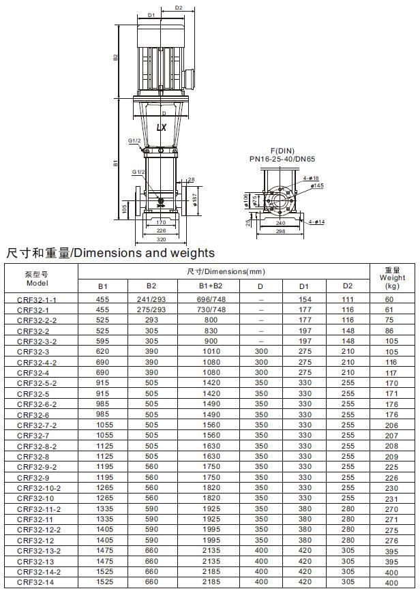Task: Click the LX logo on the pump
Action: [x=162, y=127]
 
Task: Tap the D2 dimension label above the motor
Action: [x=179, y=7]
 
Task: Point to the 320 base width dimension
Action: [x=161, y=239]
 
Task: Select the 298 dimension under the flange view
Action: [x=280, y=231]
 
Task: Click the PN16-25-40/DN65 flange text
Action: [x=282, y=159]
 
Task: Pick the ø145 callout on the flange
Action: [x=318, y=185]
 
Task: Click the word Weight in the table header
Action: [x=392, y=278]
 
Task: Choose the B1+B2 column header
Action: [x=211, y=286]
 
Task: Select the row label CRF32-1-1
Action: [x=37, y=300]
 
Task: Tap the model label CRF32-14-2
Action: [x=39, y=572]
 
